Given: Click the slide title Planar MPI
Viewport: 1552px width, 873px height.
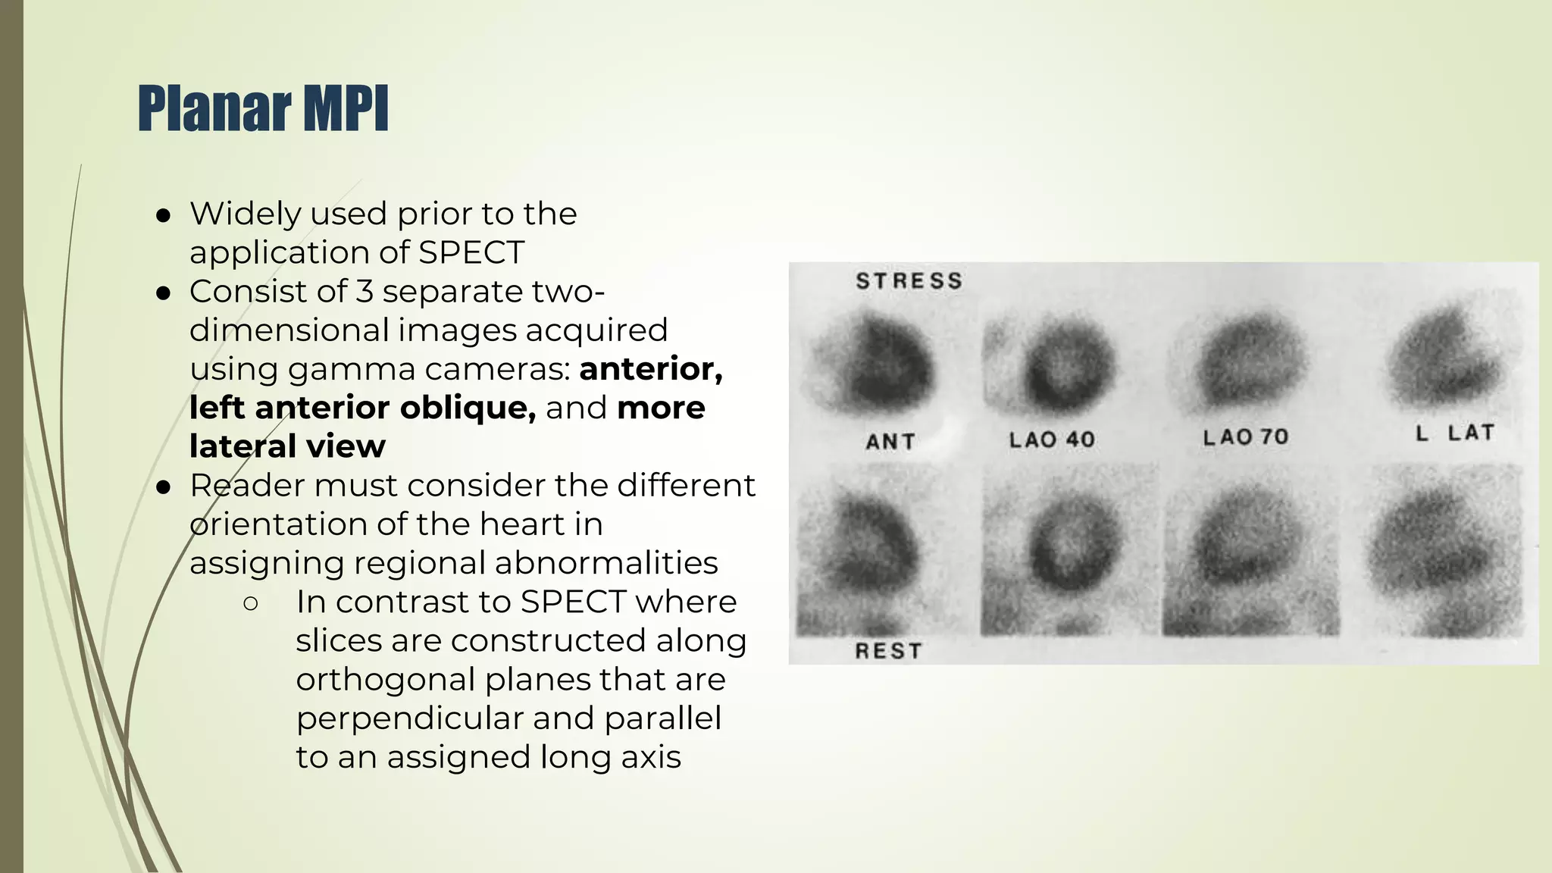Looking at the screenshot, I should [263, 108].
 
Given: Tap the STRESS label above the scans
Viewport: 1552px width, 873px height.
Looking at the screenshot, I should [909, 281].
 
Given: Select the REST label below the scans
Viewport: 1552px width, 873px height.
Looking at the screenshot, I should [888, 651].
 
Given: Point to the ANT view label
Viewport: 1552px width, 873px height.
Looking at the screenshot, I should [890, 442].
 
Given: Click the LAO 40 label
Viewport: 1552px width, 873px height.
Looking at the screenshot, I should [1052, 440].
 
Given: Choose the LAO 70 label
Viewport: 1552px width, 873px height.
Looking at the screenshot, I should [1246, 437].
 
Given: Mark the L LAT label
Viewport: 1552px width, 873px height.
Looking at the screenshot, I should [1455, 433].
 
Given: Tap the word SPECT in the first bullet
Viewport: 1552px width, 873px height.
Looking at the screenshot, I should [471, 252].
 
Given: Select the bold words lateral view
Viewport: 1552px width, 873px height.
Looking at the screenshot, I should [287, 446].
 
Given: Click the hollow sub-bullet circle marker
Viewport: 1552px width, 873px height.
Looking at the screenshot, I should [251, 604].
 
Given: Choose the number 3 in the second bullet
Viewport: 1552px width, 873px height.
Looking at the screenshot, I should [365, 292].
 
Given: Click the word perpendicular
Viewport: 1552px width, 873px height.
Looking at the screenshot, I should [408, 718].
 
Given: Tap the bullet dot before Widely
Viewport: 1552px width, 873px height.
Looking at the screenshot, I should [163, 216].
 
